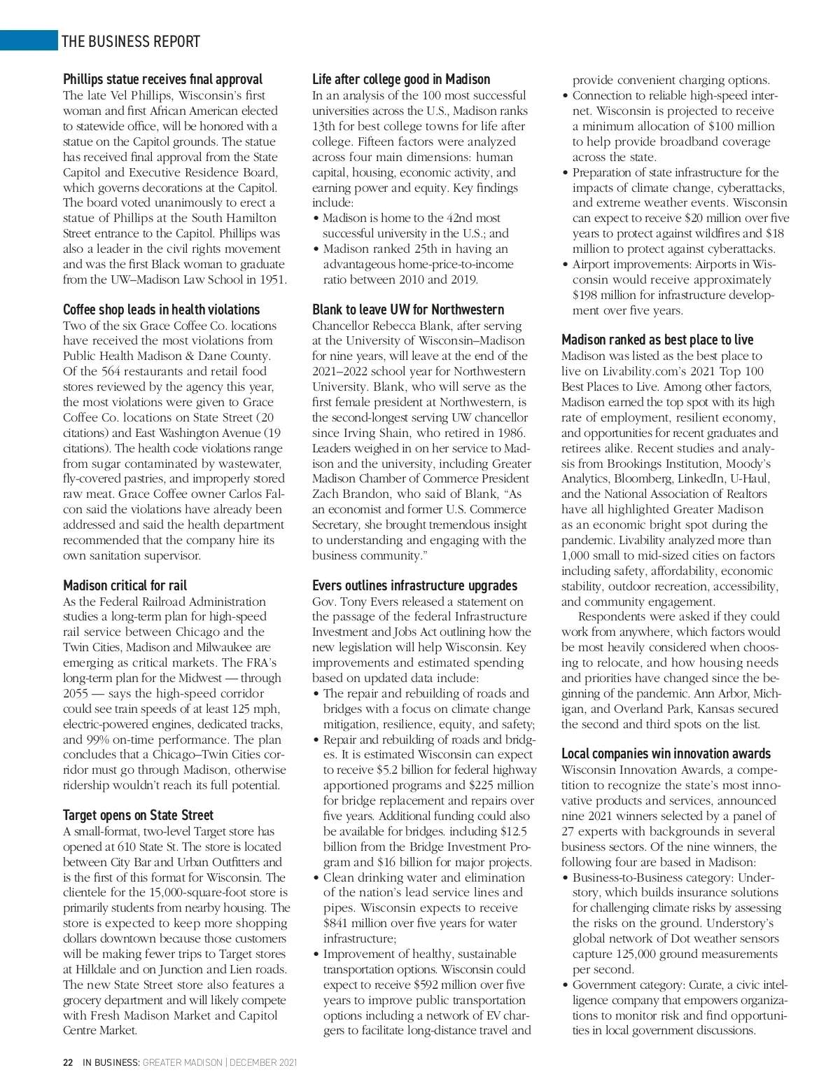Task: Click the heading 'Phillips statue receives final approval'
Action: pyautogui.click(x=162, y=79)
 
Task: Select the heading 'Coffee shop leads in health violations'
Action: pyautogui.click(x=161, y=310)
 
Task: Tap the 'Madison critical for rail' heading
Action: pyautogui.click(x=125, y=585)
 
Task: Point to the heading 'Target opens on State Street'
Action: pyautogui.click(x=138, y=815)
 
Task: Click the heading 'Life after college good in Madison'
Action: pyautogui.click(x=400, y=79)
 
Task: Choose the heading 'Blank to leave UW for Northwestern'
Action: pyautogui.click(x=407, y=310)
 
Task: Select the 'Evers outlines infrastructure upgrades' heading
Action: pyautogui.click(x=414, y=585)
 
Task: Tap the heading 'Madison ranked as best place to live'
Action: pyautogui.click(x=657, y=340)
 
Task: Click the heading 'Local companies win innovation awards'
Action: pyautogui.click(x=666, y=753)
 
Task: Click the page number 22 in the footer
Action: pyautogui.click(x=68, y=1062)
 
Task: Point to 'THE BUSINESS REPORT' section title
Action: pyautogui.click(x=131, y=41)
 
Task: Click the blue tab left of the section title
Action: pyautogui.click(x=28, y=41)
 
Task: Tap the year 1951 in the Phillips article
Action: pyautogui.click(x=272, y=279)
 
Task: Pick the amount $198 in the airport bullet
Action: pyautogui.click(x=584, y=295)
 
